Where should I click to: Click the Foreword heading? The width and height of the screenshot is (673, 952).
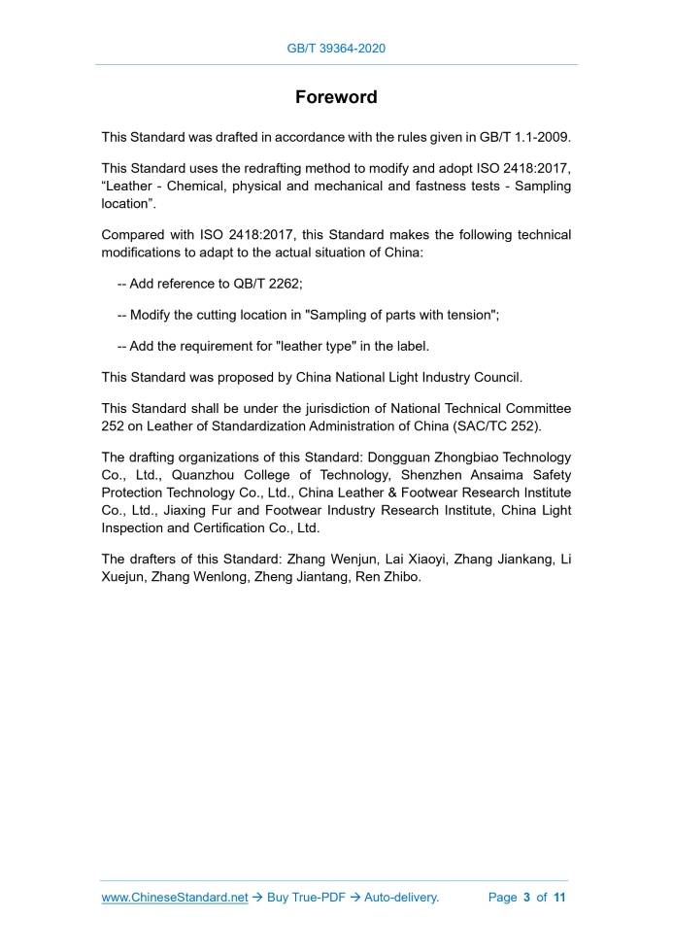pyautogui.click(x=336, y=97)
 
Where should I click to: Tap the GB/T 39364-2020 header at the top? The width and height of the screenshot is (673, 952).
pyautogui.click(x=336, y=47)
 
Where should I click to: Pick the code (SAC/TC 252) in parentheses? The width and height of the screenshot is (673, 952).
pyautogui.click(x=503, y=426)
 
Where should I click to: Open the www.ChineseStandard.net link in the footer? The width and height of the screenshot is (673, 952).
pyautogui.click(x=175, y=898)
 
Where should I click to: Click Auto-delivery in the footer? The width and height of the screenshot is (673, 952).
pyautogui.click(x=402, y=898)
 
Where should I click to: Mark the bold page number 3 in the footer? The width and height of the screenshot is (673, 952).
pyautogui.click(x=526, y=898)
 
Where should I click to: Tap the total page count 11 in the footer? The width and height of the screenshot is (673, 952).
pyautogui.click(x=559, y=898)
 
